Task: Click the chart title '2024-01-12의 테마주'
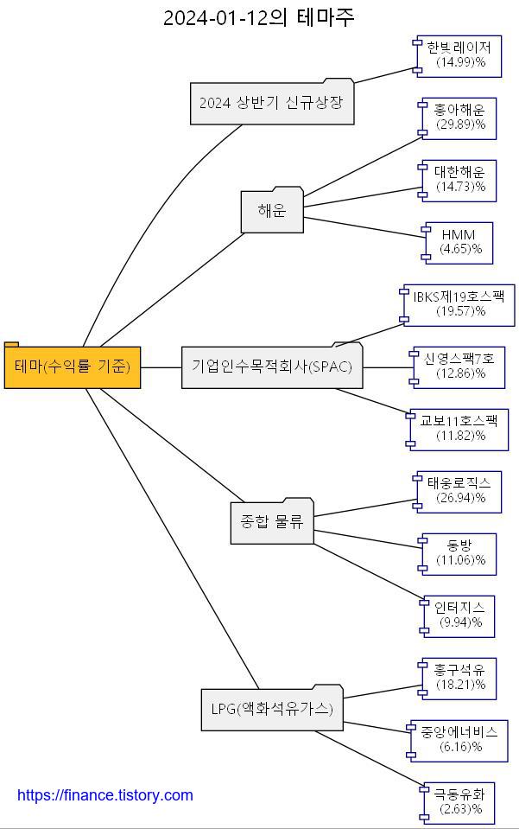pos(259,17)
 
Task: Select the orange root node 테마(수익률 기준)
pos(73,367)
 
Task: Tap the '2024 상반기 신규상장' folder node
pos(271,104)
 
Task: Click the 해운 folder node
pos(272,211)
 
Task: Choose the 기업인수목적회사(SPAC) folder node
pos(272,367)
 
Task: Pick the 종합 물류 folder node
pos(272,522)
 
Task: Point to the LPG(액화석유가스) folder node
pos(272,709)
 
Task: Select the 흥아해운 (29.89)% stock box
pos(459,118)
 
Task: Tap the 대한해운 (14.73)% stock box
pos(459,180)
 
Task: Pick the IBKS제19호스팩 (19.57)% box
pos(459,304)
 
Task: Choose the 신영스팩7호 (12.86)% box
pos(459,367)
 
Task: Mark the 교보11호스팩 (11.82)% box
pos(459,429)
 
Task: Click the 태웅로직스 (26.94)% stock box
pos(459,491)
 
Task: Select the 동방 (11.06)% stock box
pos(459,553)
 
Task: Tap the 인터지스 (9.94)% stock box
pos(459,615)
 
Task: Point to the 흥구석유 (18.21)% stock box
pos(459,678)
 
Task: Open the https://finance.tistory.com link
pos(105,795)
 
